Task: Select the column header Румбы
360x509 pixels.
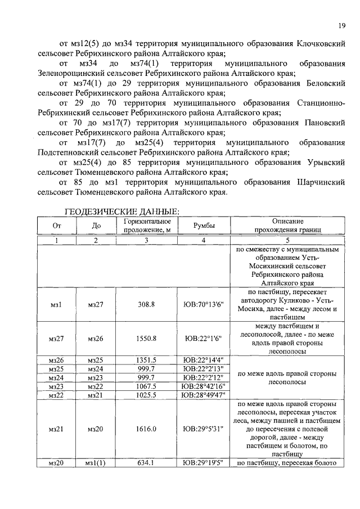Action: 204,226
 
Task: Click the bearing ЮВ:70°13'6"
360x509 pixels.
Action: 204,304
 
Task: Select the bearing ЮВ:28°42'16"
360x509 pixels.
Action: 204,387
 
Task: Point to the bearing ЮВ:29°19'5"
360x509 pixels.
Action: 204,463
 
